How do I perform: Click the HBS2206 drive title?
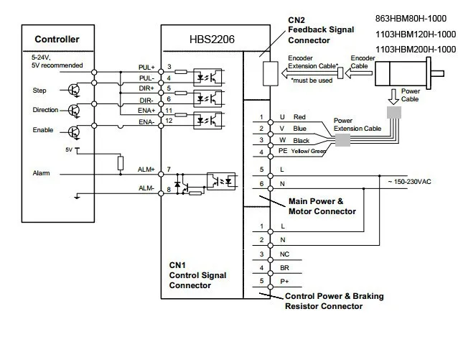tap(212, 40)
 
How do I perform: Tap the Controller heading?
tap(57, 40)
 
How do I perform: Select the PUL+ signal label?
tap(146, 68)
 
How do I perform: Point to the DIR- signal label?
tap(146, 101)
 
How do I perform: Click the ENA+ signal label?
tap(146, 111)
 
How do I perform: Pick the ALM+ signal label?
tap(146, 170)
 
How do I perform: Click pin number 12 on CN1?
tap(169, 121)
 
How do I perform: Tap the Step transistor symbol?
tap(74, 90)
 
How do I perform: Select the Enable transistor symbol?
tap(74, 132)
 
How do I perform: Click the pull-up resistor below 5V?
tap(121, 163)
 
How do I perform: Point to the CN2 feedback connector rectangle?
tap(271, 74)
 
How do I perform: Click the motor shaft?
tap(437, 73)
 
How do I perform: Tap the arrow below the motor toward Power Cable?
tap(393, 97)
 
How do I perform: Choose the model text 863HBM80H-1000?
tap(411, 19)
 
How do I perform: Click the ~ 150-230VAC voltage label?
tap(409, 182)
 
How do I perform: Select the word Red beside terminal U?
tap(299, 117)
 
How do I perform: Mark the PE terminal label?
tap(283, 151)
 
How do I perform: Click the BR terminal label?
tap(284, 268)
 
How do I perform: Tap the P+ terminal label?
tap(284, 282)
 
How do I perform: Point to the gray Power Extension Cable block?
tap(342, 140)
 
